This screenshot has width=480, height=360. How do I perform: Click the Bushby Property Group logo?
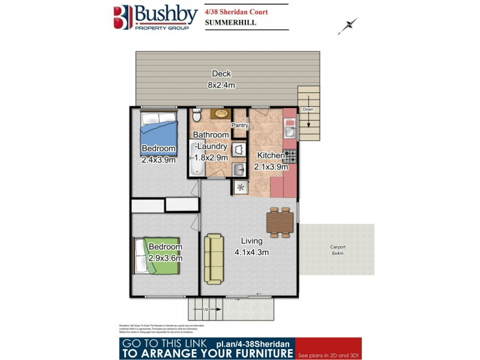152,18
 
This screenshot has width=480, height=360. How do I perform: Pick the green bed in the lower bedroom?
163,256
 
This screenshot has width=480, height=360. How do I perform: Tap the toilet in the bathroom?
197,115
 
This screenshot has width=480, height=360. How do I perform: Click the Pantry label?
240,125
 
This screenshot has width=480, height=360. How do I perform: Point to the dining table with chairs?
280,222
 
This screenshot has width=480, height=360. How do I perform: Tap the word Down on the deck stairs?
308,110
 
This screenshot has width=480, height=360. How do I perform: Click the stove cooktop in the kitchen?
290,156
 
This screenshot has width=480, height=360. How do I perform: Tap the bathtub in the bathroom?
197,159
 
